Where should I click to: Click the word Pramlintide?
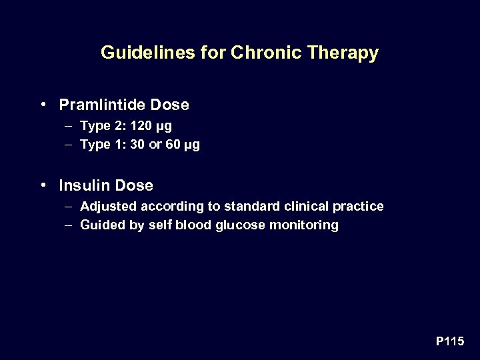tap(103, 105)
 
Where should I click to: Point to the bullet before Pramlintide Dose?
tap(43, 105)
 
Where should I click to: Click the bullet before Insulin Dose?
tap(43, 185)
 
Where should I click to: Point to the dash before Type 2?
tap(70, 125)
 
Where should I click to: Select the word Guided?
tap(101, 225)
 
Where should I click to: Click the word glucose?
tap(241, 225)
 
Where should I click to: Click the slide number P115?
tap(450, 341)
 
